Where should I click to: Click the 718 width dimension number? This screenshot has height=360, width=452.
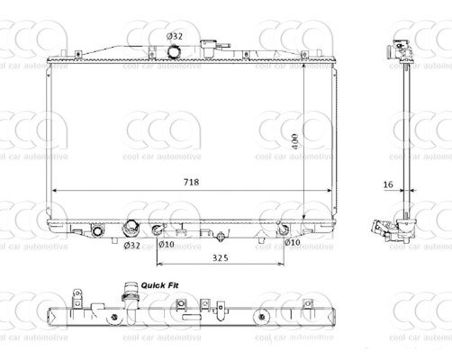pyautogui.click(x=191, y=182)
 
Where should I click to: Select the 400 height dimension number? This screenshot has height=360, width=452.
pyautogui.click(x=295, y=141)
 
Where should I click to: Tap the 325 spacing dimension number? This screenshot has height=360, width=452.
pyautogui.click(x=221, y=257)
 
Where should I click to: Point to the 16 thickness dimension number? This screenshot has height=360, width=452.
pyautogui.click(x=388, y=184)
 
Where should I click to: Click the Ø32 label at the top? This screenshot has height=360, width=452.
pyautogui.click(x=175, y=36)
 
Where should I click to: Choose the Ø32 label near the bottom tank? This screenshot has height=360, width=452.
pyautogui.click(x=132, y=246)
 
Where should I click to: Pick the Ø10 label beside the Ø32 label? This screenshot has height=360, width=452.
pyautogui.click(x=167, y=244)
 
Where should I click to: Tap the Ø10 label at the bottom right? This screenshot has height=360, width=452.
pyautogui.click(x=293, y=242)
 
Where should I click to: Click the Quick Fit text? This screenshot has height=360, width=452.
pyautogui.click(x=159, y=285)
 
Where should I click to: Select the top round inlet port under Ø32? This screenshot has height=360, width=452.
pyautogui.click(x=174, y=51)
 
